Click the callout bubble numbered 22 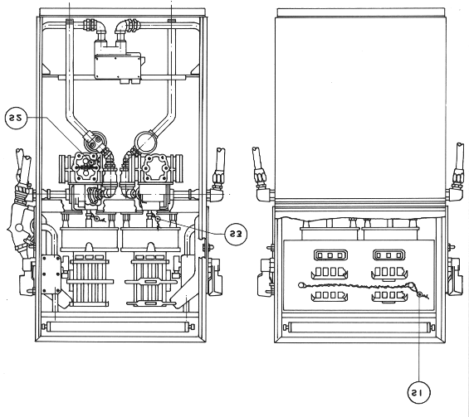[16, 118]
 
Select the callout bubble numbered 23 [236, 235]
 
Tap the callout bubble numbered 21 [418, 392]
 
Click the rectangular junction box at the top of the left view [118, 66]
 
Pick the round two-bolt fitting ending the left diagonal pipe [95, 140]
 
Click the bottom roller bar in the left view [119, 327]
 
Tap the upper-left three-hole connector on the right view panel [330, 255]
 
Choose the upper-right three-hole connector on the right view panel [388, 255]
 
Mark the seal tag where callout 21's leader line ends [420, 294]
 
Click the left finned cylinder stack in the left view [90, 279]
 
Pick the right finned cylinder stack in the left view [150, 279]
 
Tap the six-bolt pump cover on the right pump [154, 168]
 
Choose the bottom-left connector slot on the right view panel [330, 296]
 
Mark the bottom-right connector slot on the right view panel [389, 296]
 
